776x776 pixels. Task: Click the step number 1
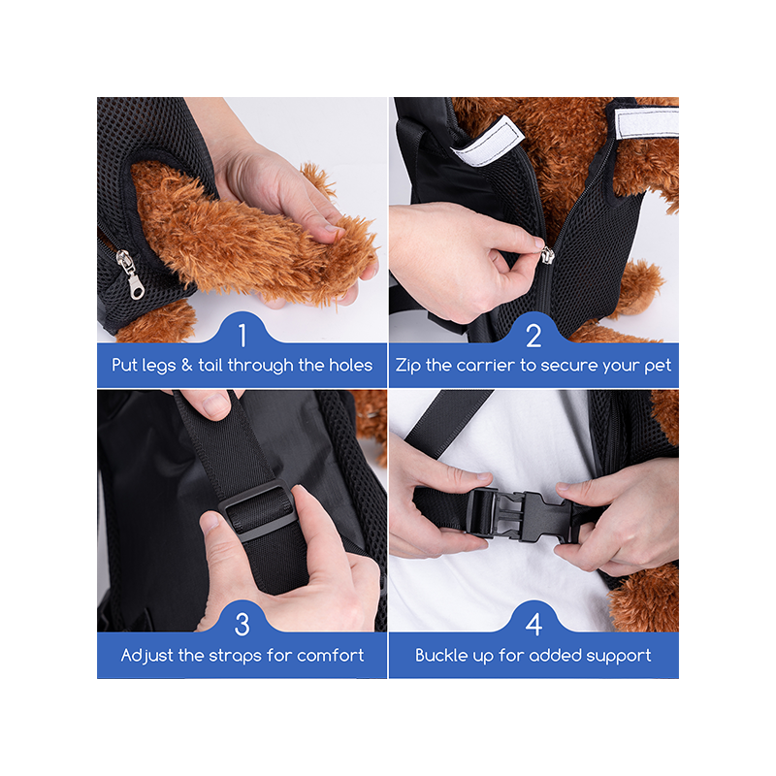click(x=242, y=336)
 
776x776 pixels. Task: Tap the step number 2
click(x=533, y=336)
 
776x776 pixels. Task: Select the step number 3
click(x=242, y=625)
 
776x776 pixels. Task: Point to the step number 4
click(x=533, y=625)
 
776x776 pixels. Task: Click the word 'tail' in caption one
click(x=210, y=366)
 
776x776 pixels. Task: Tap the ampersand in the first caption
click(x=186, y=366)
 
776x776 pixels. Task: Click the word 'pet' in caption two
click(x=658, y=367)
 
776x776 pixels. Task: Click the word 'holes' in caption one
click(x=350, y=366)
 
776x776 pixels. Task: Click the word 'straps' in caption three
click(x=235, y=657)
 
